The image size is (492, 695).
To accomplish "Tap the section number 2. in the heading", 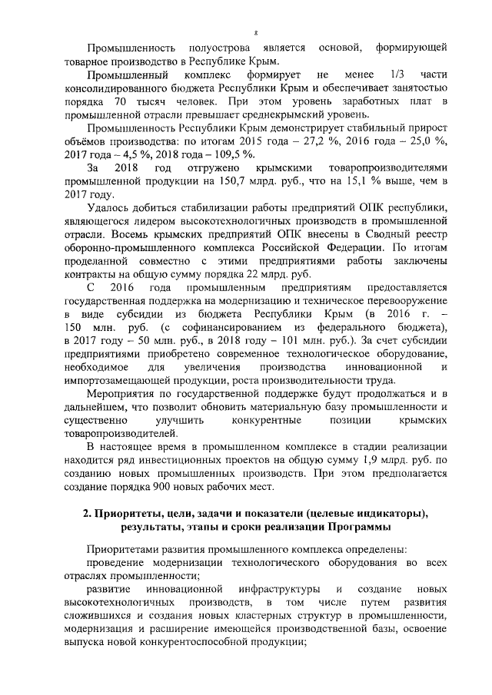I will [88, 514].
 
